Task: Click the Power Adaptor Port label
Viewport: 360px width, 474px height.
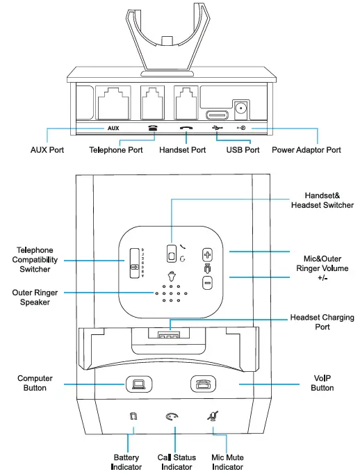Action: click(306, 149)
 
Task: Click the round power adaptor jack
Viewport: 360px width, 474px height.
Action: click(243, 108)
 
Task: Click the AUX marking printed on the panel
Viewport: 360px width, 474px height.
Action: click(113, 129)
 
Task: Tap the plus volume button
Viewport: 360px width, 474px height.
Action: click(206, 254)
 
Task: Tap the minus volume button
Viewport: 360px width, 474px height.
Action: click(206, 282)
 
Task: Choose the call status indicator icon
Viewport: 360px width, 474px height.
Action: click(172, 417)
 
